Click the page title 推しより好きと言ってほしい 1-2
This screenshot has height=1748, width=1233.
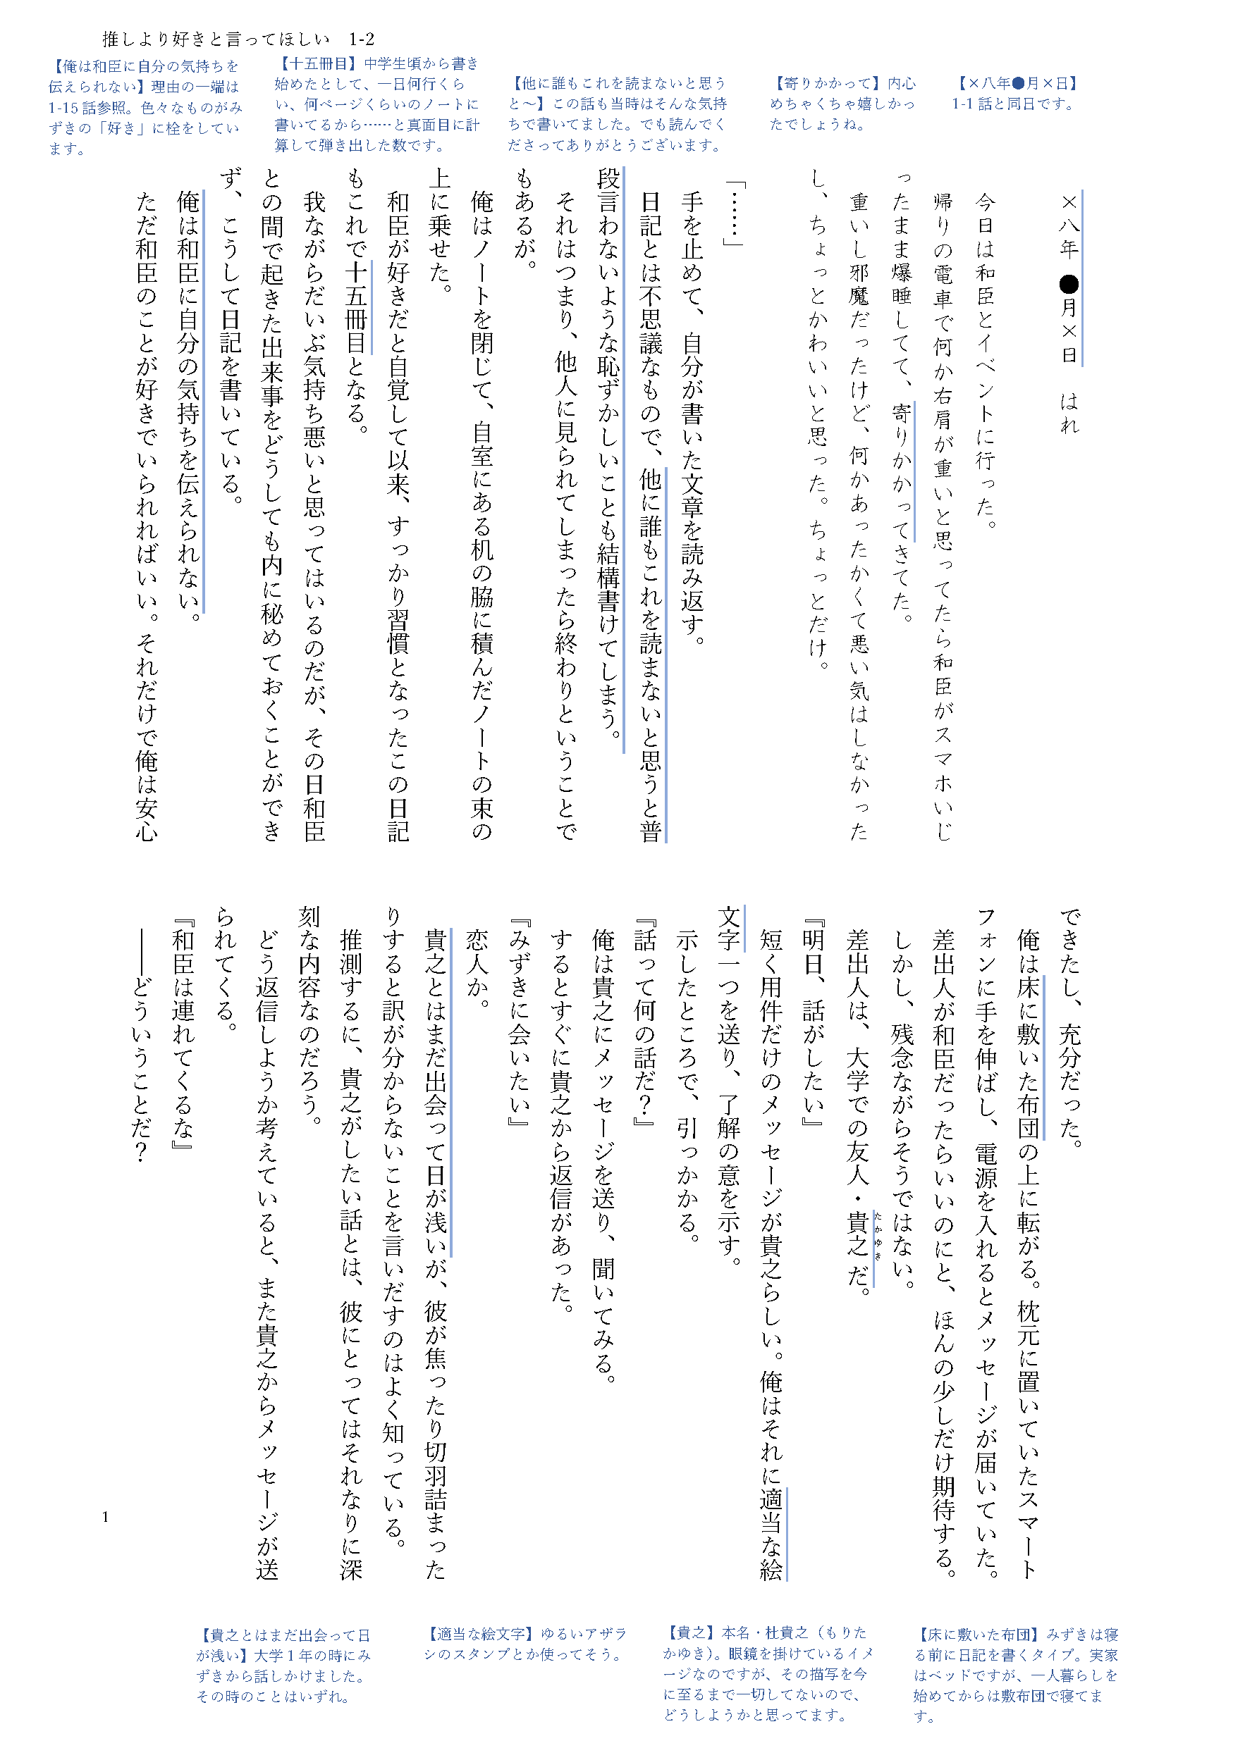tap(238, 39)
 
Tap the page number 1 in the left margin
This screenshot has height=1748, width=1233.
tap(105, 1517)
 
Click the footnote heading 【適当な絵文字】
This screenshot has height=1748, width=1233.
tap(478, 1634)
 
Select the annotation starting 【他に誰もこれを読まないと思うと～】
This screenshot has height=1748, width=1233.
tap(617, 113)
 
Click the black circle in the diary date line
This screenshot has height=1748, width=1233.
tap(1069, 284)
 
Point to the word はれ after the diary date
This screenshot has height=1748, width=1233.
tap(1069, 414)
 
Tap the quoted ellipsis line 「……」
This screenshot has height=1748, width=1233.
tap(734, 214)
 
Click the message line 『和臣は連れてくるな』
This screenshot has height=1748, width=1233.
tap(183, 1040)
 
